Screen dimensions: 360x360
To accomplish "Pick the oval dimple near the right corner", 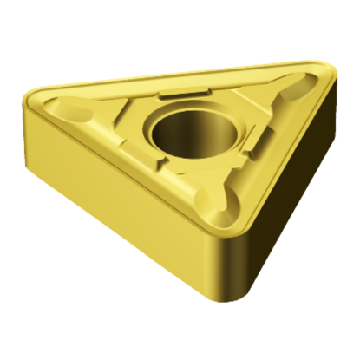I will pos(295,85).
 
